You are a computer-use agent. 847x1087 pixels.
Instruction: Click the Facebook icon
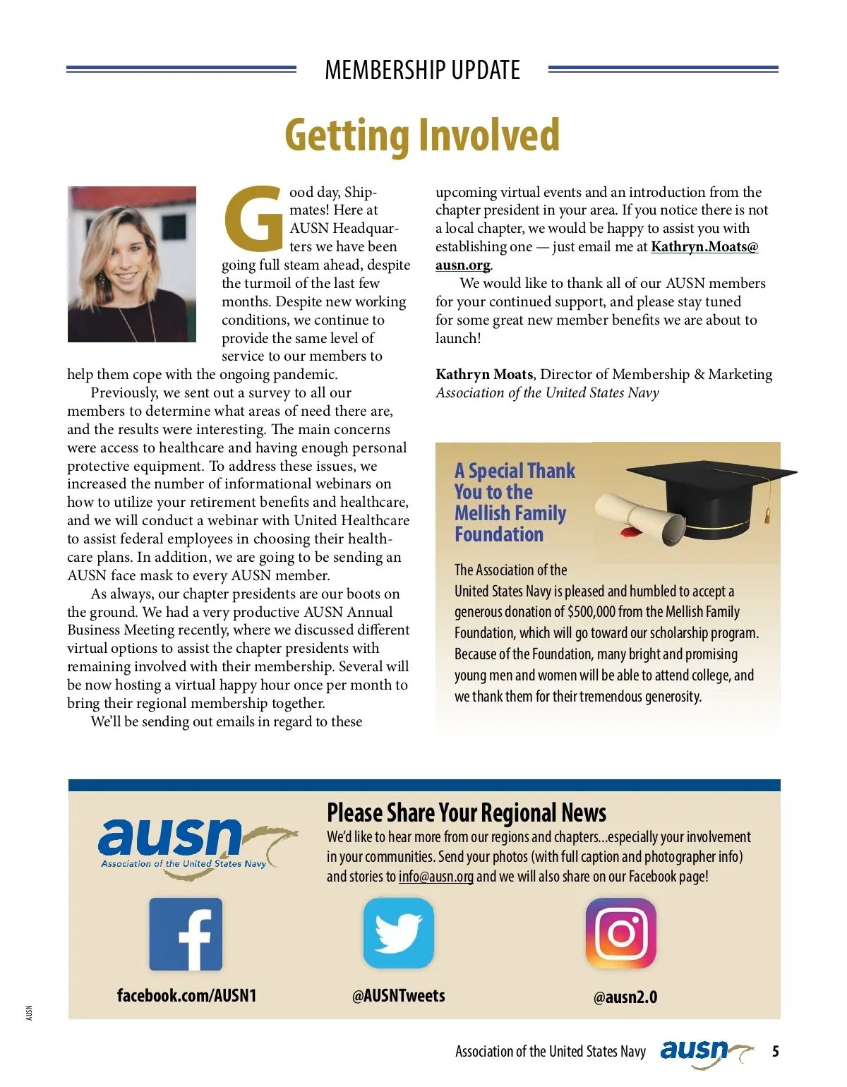click(186, 934)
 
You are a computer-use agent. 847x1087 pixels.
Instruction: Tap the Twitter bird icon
click(398, 933)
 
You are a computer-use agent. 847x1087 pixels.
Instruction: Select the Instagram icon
click(621, 933)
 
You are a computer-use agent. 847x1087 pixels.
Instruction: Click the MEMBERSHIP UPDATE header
click(422, 70)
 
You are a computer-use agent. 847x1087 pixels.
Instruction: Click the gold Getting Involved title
click(422, 135)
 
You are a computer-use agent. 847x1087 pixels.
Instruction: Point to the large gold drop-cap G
click(253, 219)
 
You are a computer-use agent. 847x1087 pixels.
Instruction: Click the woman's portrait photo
click(132, 264)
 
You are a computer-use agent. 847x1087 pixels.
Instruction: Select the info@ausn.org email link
click(435, 877)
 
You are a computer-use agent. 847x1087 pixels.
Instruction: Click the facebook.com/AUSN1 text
click(186, 995)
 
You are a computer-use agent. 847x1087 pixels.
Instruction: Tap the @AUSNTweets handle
click(398, 995)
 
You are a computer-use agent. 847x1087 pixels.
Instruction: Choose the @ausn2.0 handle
click(625, 997)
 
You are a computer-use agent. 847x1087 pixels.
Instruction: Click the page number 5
click(775, 1052)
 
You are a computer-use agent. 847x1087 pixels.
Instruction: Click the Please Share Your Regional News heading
click(467, 813)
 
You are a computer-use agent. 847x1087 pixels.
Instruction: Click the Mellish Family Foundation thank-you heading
click(514, 503)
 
